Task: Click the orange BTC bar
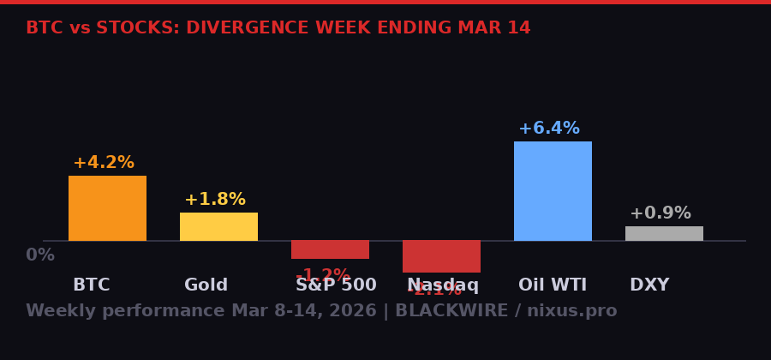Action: click(x=107, y=208)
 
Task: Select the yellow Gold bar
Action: click(x=218, y=226)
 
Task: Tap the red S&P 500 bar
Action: click(x=330, y=249)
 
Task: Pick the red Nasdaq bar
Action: click(x=441, y=256)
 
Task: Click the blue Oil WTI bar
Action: click(x=553, y=191)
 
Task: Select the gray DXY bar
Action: click(x=664, y=233)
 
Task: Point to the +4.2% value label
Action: click(x=104, y=163)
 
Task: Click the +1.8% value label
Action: click(x=215, y=200)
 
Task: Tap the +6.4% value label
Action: click(x=549, y=129)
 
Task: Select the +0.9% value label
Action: click(x=660, y=213)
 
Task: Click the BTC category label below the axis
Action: click(x=91, y=285)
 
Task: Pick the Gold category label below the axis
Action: click(x=206, y=285)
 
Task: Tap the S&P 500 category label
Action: click(x=336, y=285)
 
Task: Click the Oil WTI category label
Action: click(x=553, y=285)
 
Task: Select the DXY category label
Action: click(x=649, y=285)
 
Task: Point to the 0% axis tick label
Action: click(x=40, y=255)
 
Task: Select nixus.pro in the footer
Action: click(x=571, y=311)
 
